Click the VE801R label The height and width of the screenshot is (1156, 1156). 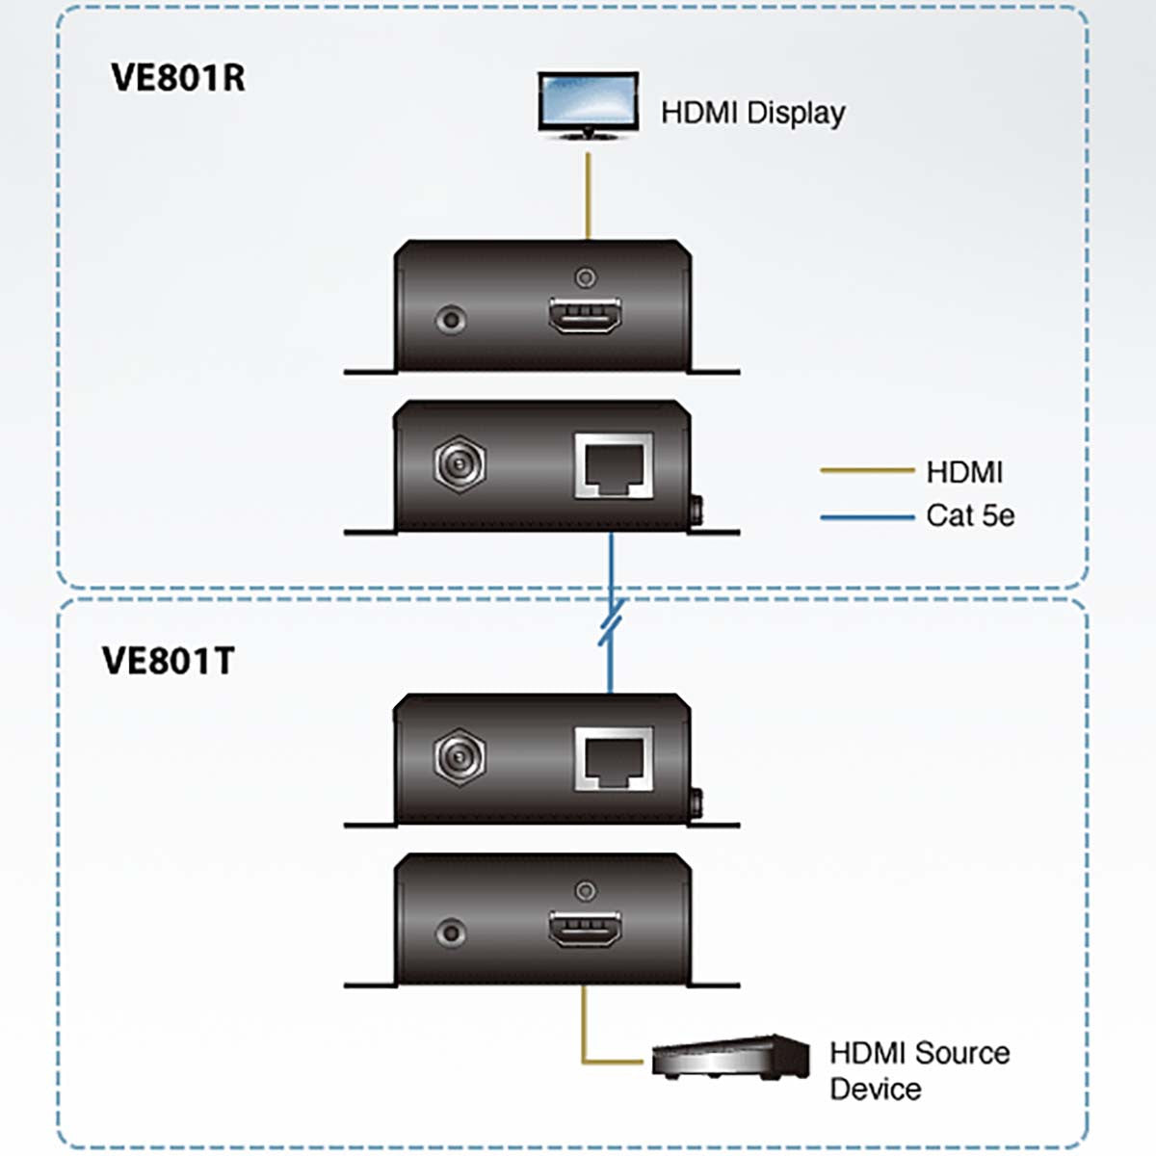[x=178, y=78]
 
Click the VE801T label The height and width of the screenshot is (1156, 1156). [x=169, y=661]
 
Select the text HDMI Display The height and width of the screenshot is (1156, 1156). [x=752, y=113]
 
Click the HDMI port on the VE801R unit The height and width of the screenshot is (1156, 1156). [x=585, y=317]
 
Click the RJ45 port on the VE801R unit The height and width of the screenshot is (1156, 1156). [x=613, y=465]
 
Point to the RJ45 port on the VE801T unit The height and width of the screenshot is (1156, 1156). [x=613, y=758]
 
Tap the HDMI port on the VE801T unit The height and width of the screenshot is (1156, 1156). [x=585, y=931]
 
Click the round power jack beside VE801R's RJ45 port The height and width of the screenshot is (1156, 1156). [x=460, y=465]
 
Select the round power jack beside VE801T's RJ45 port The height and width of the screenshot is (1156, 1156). [x=460, y=757]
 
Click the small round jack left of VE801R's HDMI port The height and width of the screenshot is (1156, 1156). [x=450, y=318]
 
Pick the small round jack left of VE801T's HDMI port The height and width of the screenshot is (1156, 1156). [x=450, y=932]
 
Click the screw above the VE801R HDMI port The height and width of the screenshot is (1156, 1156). [x=585, y=277]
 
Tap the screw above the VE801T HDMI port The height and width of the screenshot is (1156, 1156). [x=585, y=891]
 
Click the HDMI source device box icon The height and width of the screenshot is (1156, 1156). [x=730, y=1058]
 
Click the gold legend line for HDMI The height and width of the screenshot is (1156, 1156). [x=866, y=471]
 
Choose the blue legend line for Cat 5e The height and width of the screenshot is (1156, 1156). [x=866, y=517]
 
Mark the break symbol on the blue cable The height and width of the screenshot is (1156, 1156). [x=611, y=621]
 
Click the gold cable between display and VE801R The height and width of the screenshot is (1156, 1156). [x=588, y=193]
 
